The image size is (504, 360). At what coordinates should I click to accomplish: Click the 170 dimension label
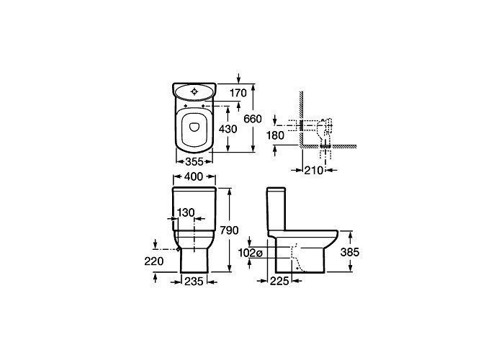(x=238, y=93)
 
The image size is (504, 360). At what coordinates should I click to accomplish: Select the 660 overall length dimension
(x=253, y=119)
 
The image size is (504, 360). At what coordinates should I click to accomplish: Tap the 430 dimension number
(x=228, y=129)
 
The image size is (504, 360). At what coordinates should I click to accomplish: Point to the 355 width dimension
(x=194, y=162)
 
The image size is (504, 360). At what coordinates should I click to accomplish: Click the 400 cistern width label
(x=194, y=176)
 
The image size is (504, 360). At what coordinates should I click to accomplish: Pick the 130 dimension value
(x=186, y=212)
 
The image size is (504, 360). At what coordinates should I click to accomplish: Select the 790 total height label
(x=229, y=230)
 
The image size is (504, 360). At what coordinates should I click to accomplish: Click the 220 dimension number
(x=154, y=261)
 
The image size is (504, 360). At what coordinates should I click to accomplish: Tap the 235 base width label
(x=194, y=282)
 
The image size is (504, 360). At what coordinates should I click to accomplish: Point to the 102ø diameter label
(x=251, y=253)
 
